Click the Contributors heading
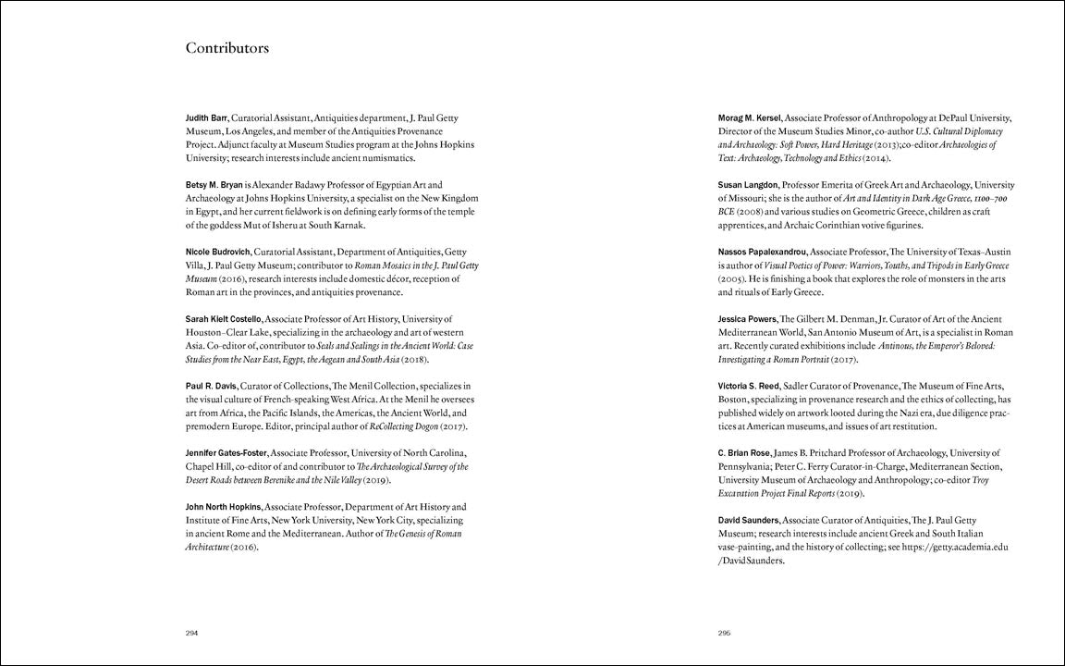pos(227,48)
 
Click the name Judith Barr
pos(206,118)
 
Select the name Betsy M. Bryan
pos(214,185)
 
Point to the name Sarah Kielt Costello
pos(225,319)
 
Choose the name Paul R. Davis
pos(211,386)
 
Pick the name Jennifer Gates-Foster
pos(226,453)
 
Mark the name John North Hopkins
pos(224,507)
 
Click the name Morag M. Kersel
pos(750,118)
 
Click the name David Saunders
pos(749,521)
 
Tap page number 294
pos(192,633)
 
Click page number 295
pos(725,633)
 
